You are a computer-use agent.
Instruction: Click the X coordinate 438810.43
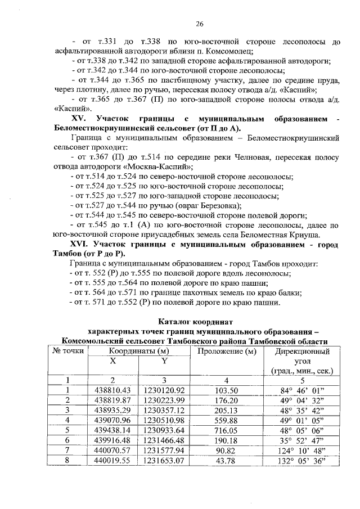(x=113, y=390)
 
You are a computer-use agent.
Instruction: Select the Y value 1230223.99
(x=164, y=400)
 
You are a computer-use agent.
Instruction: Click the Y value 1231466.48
(x=164, y=440)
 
